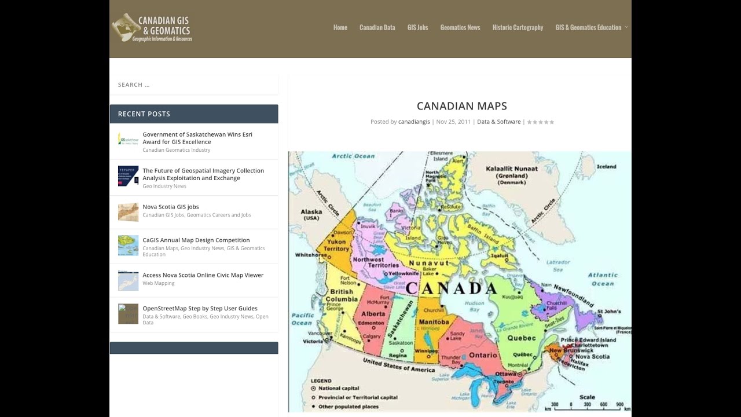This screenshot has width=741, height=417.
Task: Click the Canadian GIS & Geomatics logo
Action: [152, 28]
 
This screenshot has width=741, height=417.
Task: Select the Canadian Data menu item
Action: [377, 27]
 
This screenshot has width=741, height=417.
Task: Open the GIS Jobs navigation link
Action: [417, 27]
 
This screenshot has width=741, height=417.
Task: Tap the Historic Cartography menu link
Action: [518, 27]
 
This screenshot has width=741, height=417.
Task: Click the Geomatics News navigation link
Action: [460, 27]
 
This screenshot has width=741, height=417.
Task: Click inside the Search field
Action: [194, 85]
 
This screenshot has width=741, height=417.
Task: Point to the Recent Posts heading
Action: [144, 114]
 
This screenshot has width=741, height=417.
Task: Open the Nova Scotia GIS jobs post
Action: [171, 207]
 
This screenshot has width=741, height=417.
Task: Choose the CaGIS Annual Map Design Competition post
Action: [196, 240]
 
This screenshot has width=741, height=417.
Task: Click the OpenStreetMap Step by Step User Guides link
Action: [200, 309]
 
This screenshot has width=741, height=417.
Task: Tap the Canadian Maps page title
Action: [461, 106]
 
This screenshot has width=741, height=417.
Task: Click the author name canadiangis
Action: [414, 122]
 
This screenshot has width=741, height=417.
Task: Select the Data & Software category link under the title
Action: [498, 122]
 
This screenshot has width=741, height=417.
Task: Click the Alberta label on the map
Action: [373, 314]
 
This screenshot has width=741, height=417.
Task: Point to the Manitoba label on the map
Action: [434, 322]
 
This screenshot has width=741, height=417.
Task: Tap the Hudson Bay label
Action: [474, 306]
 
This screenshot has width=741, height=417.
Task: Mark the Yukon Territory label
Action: [336, 245]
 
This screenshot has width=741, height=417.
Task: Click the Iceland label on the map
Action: [606, 167]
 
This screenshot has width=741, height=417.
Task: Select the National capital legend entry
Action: [338, 388]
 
